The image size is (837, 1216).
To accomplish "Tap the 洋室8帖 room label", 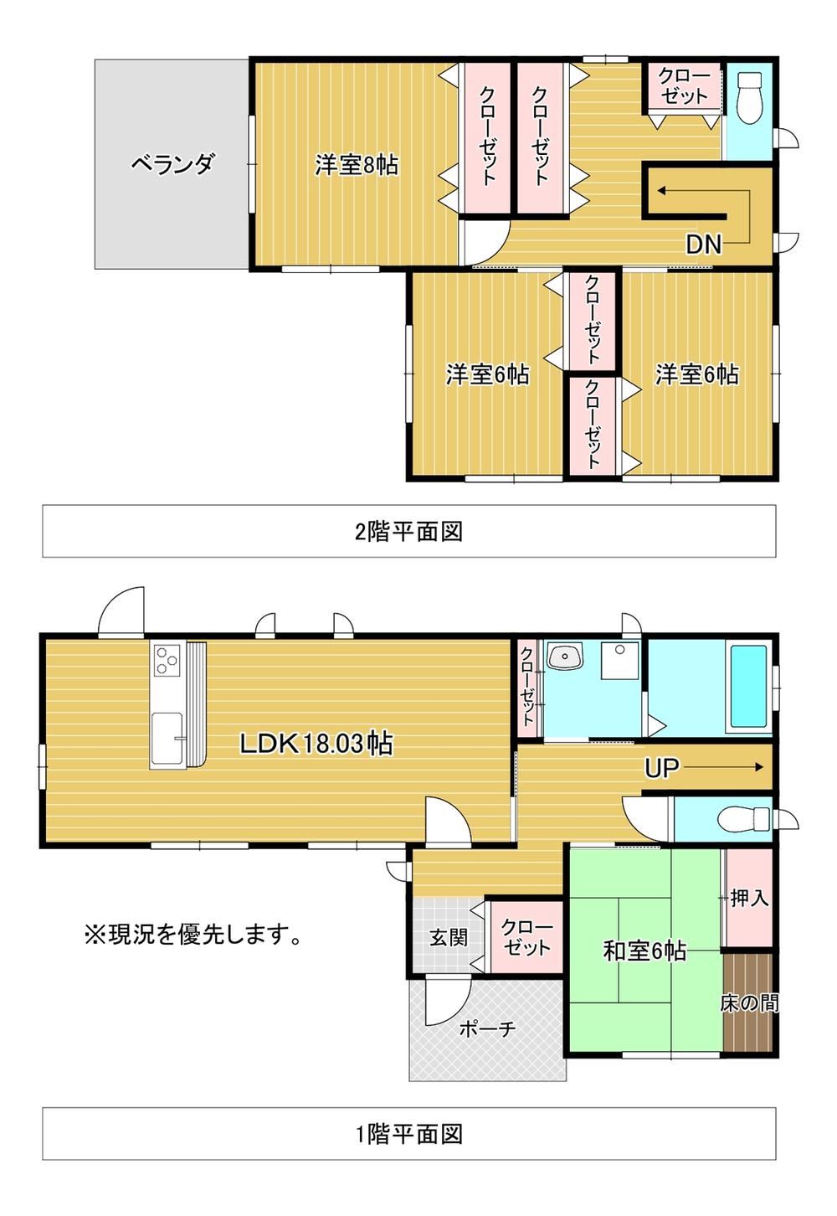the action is [x=357, y=164].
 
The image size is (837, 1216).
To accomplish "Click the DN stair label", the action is [x=704, y=245].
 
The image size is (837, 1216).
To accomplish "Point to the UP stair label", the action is [x=662, y=768].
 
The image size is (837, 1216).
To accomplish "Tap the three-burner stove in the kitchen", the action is [x=167, y=660].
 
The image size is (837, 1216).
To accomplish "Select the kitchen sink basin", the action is [x=167, y=737].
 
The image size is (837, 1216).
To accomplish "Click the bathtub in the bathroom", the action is [x=748, y=687].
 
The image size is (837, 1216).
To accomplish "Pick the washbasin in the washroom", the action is [x=565, y=656].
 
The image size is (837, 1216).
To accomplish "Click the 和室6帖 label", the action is [x=644, y=951].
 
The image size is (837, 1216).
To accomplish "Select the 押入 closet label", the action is [x=749, y=899].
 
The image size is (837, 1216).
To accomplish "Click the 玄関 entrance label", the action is [x=448, y=937].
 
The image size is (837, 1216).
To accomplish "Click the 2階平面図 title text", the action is [x=408, y=532].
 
